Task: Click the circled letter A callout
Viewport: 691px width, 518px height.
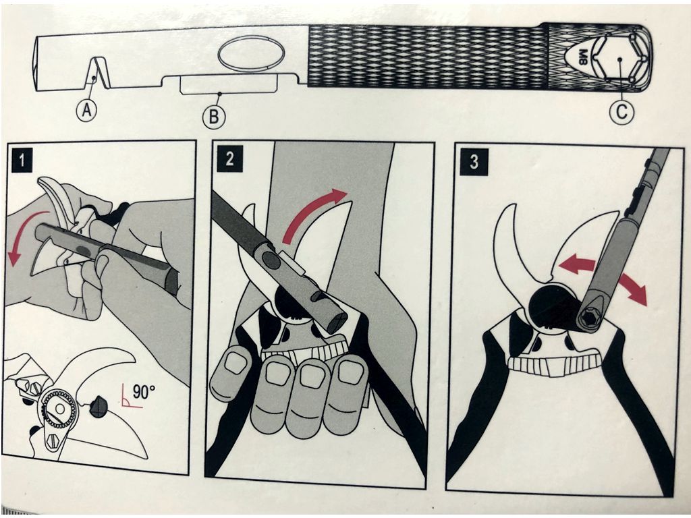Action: (87, 109)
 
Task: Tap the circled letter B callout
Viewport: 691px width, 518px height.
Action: (213, 117)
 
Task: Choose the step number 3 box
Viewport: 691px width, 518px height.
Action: (474, 161)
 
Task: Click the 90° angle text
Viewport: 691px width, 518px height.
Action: (144, 392)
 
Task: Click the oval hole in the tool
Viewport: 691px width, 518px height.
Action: (251, 53)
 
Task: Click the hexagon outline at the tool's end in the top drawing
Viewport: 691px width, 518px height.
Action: (619, 59)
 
